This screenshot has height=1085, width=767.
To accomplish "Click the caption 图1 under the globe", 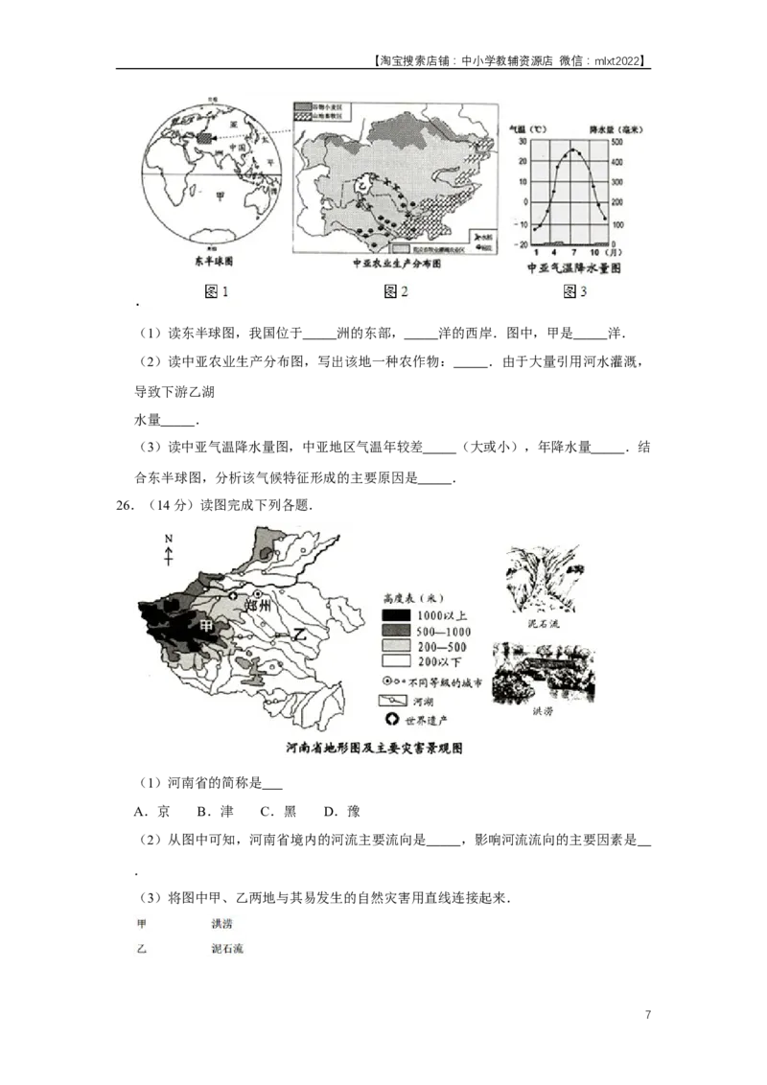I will tap(218, 291).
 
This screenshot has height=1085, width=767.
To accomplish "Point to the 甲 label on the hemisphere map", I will tap(222, 195).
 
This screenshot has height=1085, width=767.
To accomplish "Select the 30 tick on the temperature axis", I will tap(523, 141).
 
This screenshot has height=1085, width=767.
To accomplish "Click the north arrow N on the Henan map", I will tap(168, 540).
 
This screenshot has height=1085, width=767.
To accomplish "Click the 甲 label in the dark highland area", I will tap(204, 624).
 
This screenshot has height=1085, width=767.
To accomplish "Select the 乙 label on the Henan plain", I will tap(300, 633).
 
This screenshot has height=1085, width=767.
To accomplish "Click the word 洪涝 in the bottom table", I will tap(221, 924).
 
